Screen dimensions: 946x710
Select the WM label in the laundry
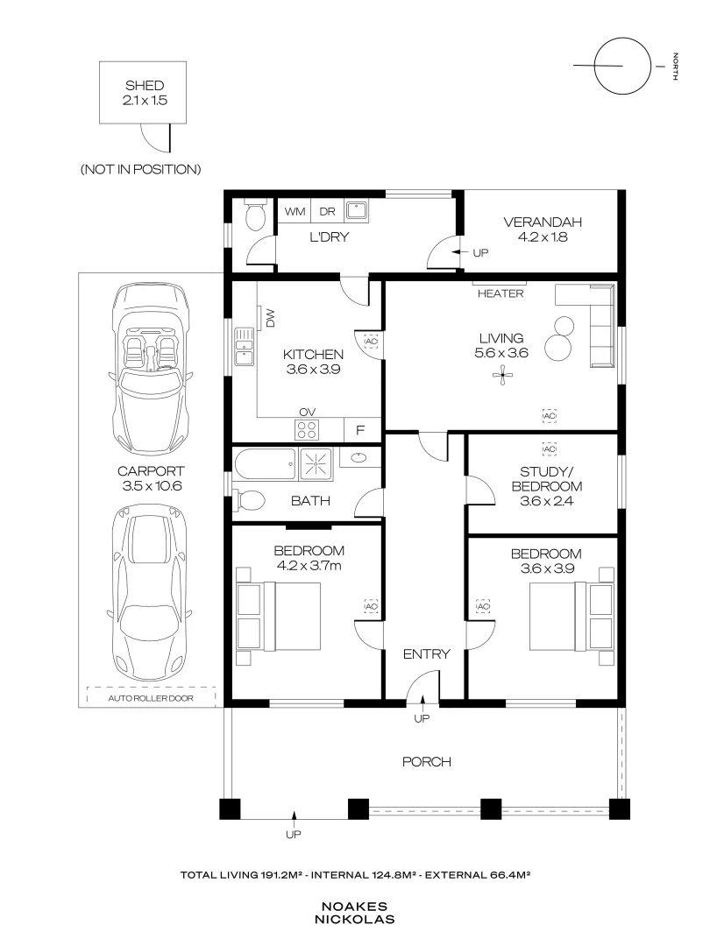(x=295, y=211)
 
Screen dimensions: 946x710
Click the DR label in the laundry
(x=326, y=211)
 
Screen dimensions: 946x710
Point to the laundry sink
(x=357, y=210)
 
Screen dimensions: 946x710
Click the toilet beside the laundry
(x=255, y=216)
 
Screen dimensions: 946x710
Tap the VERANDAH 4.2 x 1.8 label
(x=542, y=228)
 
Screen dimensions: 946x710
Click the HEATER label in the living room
(x=500, y=294)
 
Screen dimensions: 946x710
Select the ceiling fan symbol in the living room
(x=503, y=378)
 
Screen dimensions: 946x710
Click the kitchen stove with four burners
(x=307, y=429)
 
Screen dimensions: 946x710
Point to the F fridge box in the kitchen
(x=359, y=430)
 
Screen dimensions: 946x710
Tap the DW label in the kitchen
(x=270, y=321)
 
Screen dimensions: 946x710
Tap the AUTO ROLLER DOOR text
(x=151, y=698)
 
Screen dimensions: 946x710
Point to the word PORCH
(x=426, y=762)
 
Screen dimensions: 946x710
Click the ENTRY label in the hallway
(x=426, y=654)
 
